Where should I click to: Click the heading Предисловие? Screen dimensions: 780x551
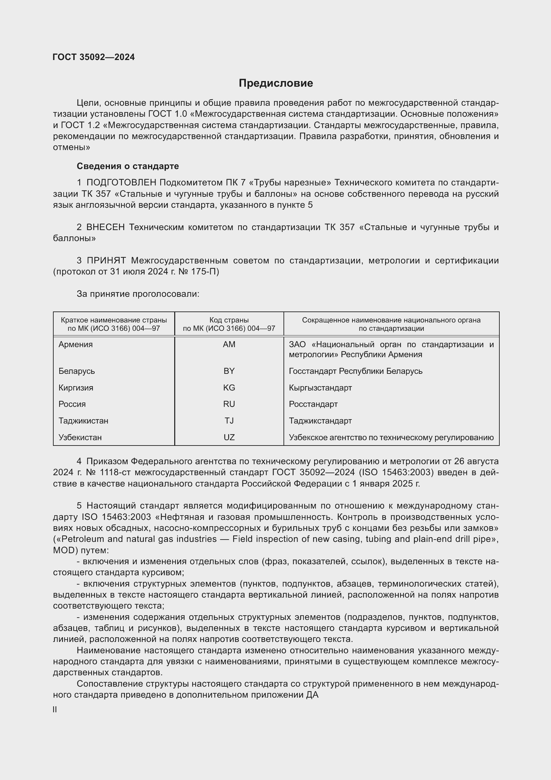click(275, 83)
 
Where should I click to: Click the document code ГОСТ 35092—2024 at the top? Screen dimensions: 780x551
click(94, 57)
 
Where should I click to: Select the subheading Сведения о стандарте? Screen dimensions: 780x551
click(128, 166)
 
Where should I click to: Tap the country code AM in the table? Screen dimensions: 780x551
click(229, 344)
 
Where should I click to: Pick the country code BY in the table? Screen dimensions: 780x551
click(229, 370)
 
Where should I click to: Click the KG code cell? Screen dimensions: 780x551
click(229, 387)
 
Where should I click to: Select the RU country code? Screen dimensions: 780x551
click(229, 404)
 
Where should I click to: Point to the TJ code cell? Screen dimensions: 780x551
click(229, 421)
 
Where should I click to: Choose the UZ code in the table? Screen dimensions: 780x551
click(229, 437)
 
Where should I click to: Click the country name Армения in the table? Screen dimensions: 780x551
click(75, 344)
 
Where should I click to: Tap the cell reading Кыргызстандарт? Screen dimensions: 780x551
click(320, 387)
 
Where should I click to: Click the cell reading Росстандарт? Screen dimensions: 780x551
click(313, 404)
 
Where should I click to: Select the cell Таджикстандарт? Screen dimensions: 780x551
click(320, 421)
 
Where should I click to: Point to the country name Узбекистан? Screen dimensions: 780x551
click(80, 437)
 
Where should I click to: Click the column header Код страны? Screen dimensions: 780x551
click(229, 320)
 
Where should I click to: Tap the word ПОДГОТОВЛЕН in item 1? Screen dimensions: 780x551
click(121, 183)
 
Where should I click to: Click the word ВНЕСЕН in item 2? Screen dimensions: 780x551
click(106, 227)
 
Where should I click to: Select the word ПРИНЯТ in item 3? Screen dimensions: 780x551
click(106, 260)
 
